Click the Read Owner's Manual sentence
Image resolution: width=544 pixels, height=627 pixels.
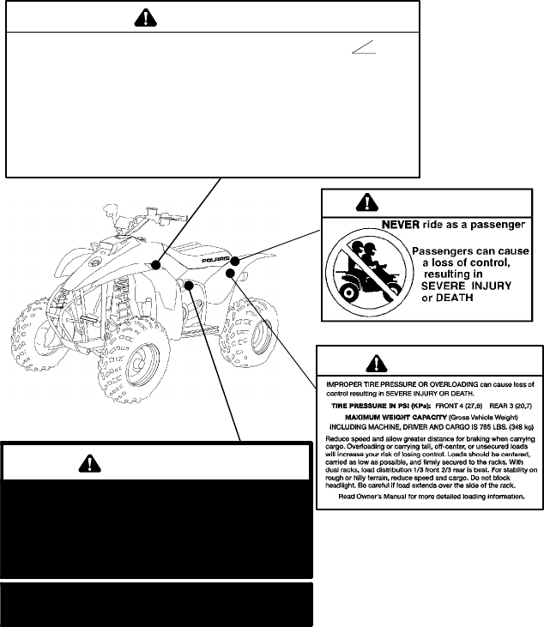pos(430,496)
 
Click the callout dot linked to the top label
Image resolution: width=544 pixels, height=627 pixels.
pos(156,264)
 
